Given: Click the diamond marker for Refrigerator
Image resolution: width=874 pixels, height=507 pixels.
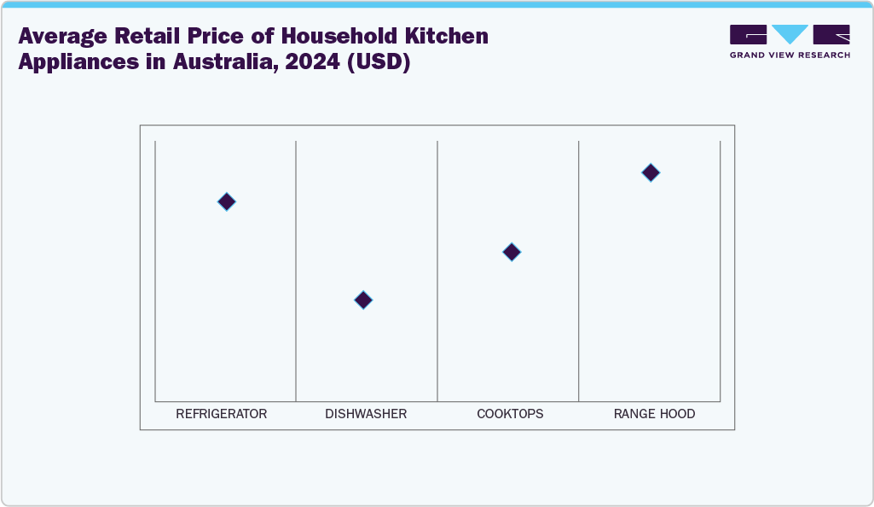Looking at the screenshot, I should pos(226,201).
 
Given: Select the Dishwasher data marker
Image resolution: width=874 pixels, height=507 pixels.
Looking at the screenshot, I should pos(363,300).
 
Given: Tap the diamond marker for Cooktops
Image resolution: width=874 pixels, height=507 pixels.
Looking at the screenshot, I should pos(512,252).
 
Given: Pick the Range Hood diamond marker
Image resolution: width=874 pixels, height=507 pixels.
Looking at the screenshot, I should pos(651,172).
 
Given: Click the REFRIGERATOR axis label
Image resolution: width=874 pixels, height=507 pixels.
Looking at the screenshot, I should pos(222,414).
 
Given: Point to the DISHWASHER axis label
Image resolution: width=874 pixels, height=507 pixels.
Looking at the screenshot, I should pos(366,414).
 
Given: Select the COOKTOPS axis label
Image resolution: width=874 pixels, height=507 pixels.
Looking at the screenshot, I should pos(510,414).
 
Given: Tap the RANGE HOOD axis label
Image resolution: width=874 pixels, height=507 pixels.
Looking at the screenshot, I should pos(654,414).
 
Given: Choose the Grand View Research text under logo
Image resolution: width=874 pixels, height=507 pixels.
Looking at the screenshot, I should pos(790,55).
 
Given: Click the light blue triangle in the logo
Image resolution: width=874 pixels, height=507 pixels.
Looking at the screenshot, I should pos(790,34).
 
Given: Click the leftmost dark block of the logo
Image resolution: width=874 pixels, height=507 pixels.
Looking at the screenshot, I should pos(748,34).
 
